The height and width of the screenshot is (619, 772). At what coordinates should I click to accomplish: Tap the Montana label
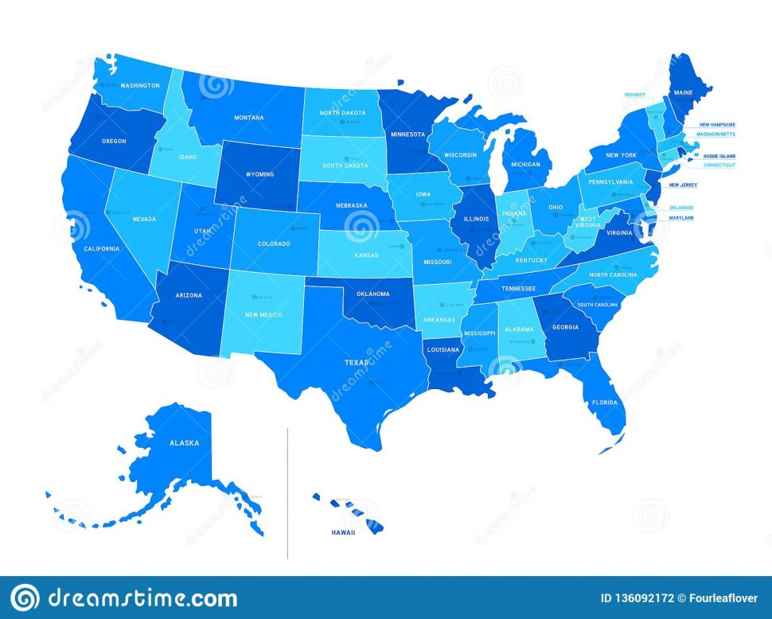point(248,118)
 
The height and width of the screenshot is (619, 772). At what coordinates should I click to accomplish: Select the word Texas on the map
point(357,363)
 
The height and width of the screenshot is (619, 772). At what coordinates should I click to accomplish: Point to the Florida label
point(604,403)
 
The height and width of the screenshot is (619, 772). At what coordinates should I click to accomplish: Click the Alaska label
point(184,442)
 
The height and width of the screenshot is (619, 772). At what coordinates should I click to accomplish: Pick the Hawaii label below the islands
point(344,533)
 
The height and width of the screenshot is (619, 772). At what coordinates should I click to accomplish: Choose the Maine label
point(684,93)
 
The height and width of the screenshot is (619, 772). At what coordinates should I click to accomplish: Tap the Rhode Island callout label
point(718,156)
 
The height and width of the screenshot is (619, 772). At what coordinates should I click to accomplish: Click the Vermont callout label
point(635,94)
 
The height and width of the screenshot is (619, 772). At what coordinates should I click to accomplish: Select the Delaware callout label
point(681,207)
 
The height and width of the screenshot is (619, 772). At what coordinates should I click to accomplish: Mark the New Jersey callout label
point(683,185)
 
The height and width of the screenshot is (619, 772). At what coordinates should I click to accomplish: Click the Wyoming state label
point(259,174)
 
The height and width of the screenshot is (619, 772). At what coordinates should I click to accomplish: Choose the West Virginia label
point(587,222)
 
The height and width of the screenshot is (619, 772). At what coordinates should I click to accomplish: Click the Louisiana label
point(443,349)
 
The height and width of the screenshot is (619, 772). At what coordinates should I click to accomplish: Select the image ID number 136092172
point(648,598)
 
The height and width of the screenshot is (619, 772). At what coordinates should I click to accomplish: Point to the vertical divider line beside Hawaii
point(287,493)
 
